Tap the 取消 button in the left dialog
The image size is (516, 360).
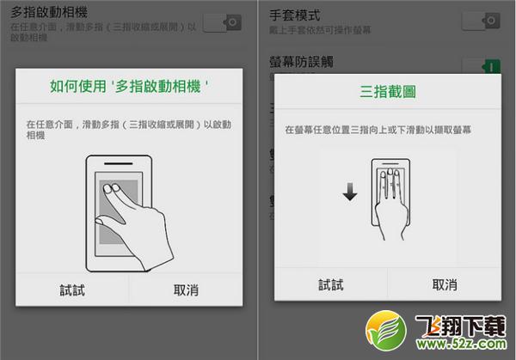point(185,290)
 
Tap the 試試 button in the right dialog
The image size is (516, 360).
point(330,285)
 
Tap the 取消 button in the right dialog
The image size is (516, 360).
point(444,285)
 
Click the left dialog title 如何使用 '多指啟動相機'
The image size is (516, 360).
point(128,87)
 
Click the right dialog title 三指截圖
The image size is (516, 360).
point(387,90)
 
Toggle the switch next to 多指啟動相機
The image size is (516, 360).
point(221,23)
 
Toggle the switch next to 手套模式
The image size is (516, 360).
point(480,20)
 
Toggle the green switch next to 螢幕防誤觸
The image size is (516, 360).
point(480,66)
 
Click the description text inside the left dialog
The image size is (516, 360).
point(128,130)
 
